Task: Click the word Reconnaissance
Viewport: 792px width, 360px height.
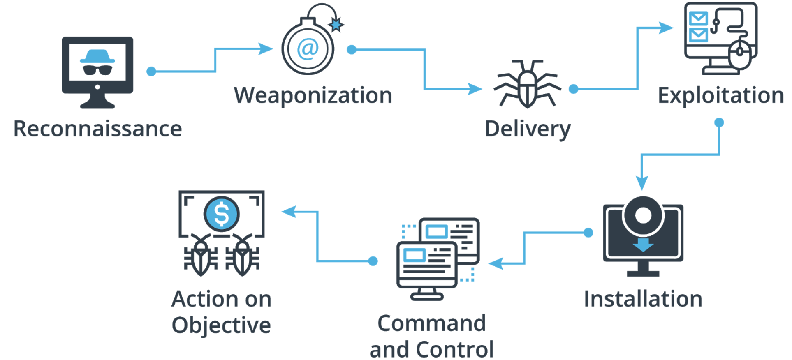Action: pyautogui.click(x=97, y=129)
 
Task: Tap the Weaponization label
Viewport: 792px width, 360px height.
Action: pyautogui.click(x=313, y=95)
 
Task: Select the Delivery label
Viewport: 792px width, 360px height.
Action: pyautogui.click(x=528, y=129)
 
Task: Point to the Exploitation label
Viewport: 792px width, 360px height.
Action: pyautogui.click(x=720, y=95)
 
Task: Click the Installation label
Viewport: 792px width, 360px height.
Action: pyautogui.click(x=643, y=299)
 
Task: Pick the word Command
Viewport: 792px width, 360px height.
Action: pyautogui.click(x=432, y=323)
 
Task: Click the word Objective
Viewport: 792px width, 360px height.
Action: pyautogui.click(x=221, y=325)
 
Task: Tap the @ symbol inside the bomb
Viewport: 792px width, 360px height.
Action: pyautogui.click(x=308, y=49)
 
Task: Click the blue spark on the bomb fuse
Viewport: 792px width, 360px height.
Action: pyautogui.click(x=336, y=25)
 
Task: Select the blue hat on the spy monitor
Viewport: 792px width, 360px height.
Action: pyautogui.click(x=97, y=56)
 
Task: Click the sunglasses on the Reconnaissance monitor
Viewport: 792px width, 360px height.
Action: pyautogui.click(x=97, y=70)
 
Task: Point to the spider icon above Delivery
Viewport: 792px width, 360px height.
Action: pyautogui.click(x=527, y=84)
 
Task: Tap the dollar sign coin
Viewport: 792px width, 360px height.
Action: pyautogui.click(x=222, y=214)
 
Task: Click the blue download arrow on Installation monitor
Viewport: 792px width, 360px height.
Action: pyautogui.click(x=643, y=245)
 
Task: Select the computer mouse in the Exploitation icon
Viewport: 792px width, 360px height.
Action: pyautogui.click(x=740, y=53)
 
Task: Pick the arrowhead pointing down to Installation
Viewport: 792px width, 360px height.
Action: pyautogui.click(x=642, y=182)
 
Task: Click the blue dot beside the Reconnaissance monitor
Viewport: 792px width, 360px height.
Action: pyautogui.click(x=151, y=72)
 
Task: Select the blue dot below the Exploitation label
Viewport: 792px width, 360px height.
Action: pyautogui.click(x=719, y=122)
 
